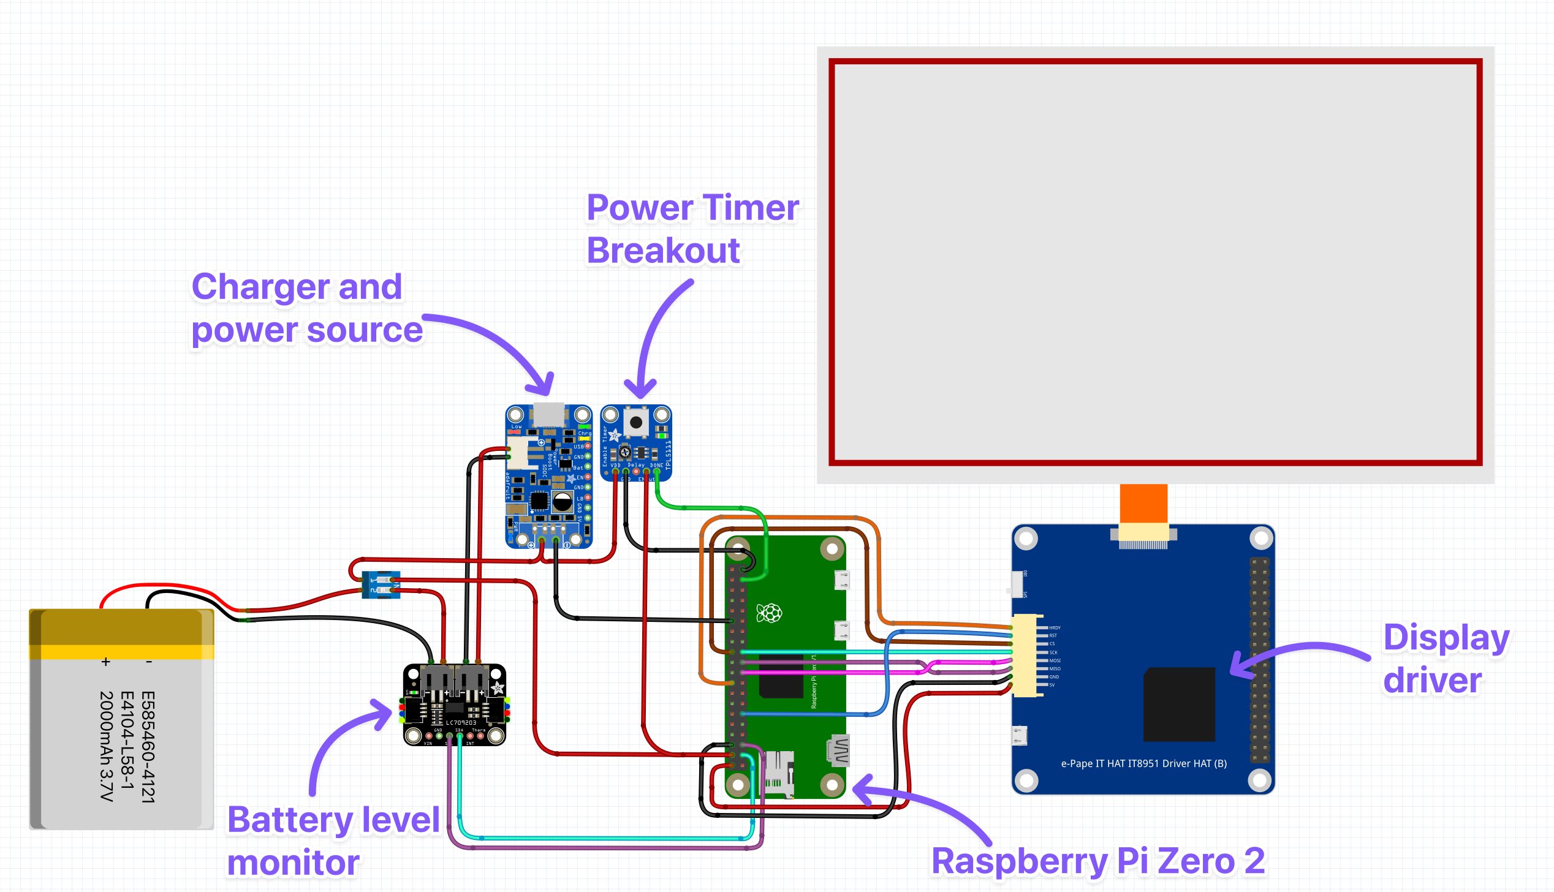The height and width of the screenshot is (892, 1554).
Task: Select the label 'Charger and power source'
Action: tap(306, 308)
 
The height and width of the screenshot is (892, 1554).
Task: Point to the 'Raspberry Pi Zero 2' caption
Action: tap(1097, 860)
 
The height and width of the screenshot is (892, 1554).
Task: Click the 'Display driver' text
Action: tap(1445, 659)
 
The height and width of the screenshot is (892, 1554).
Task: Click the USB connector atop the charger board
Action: tap(548, 415)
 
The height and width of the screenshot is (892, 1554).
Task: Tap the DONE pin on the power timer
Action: tap(657, 472)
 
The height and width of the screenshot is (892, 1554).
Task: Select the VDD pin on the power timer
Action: tap(615, 472)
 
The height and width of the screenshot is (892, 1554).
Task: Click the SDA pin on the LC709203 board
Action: tap(460, 736)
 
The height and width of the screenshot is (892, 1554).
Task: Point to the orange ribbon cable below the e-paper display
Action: tap(1143, 503)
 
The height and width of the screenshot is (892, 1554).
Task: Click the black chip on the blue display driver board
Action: tap(1179, 704)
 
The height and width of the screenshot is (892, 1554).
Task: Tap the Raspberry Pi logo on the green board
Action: tap(769, 613)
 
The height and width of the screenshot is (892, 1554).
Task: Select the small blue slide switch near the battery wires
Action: tap(381, 584)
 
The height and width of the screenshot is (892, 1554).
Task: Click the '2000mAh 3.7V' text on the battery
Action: tap(107, 746)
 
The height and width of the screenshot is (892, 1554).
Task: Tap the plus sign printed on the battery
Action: tap(106, 662)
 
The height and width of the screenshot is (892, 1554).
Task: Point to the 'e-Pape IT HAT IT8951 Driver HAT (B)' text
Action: tap(1143, 763)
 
